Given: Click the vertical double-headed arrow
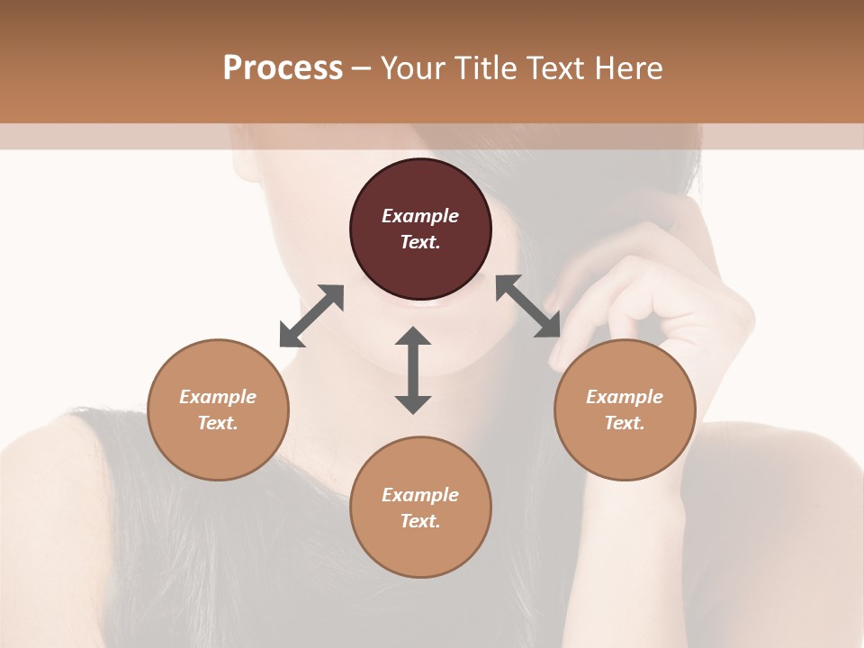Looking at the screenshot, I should coord(413,370).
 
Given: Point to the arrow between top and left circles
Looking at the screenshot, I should coord(311,316).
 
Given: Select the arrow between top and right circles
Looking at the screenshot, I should coord(528,306).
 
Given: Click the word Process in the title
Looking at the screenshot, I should coord(283,68).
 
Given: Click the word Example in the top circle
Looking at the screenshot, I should coord(420,216).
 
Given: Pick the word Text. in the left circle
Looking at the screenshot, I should coord(218,423).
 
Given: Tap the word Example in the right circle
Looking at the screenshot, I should coord(625,397).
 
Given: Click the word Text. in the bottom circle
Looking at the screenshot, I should coord(420,521).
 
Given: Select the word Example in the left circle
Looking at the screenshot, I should coord(218,397).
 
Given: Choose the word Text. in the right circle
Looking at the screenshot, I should coord(625,423).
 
